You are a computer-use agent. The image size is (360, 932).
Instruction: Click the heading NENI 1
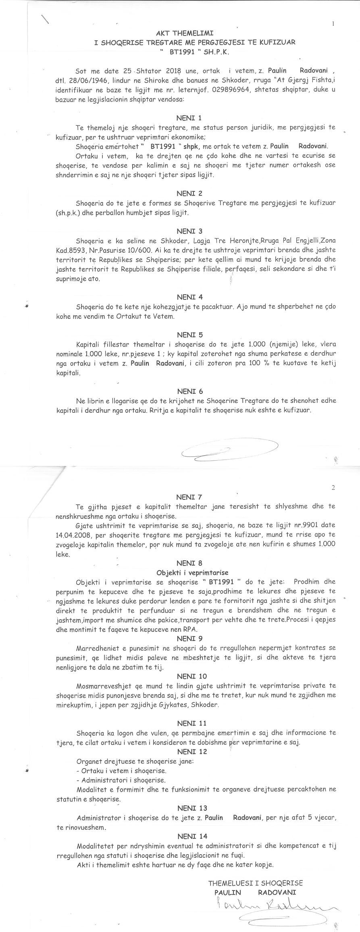189,118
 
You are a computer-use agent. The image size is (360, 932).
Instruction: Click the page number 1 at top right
333,24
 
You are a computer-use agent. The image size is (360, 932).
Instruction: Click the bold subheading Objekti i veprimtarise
192,573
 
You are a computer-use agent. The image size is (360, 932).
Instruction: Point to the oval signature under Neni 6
230,449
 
